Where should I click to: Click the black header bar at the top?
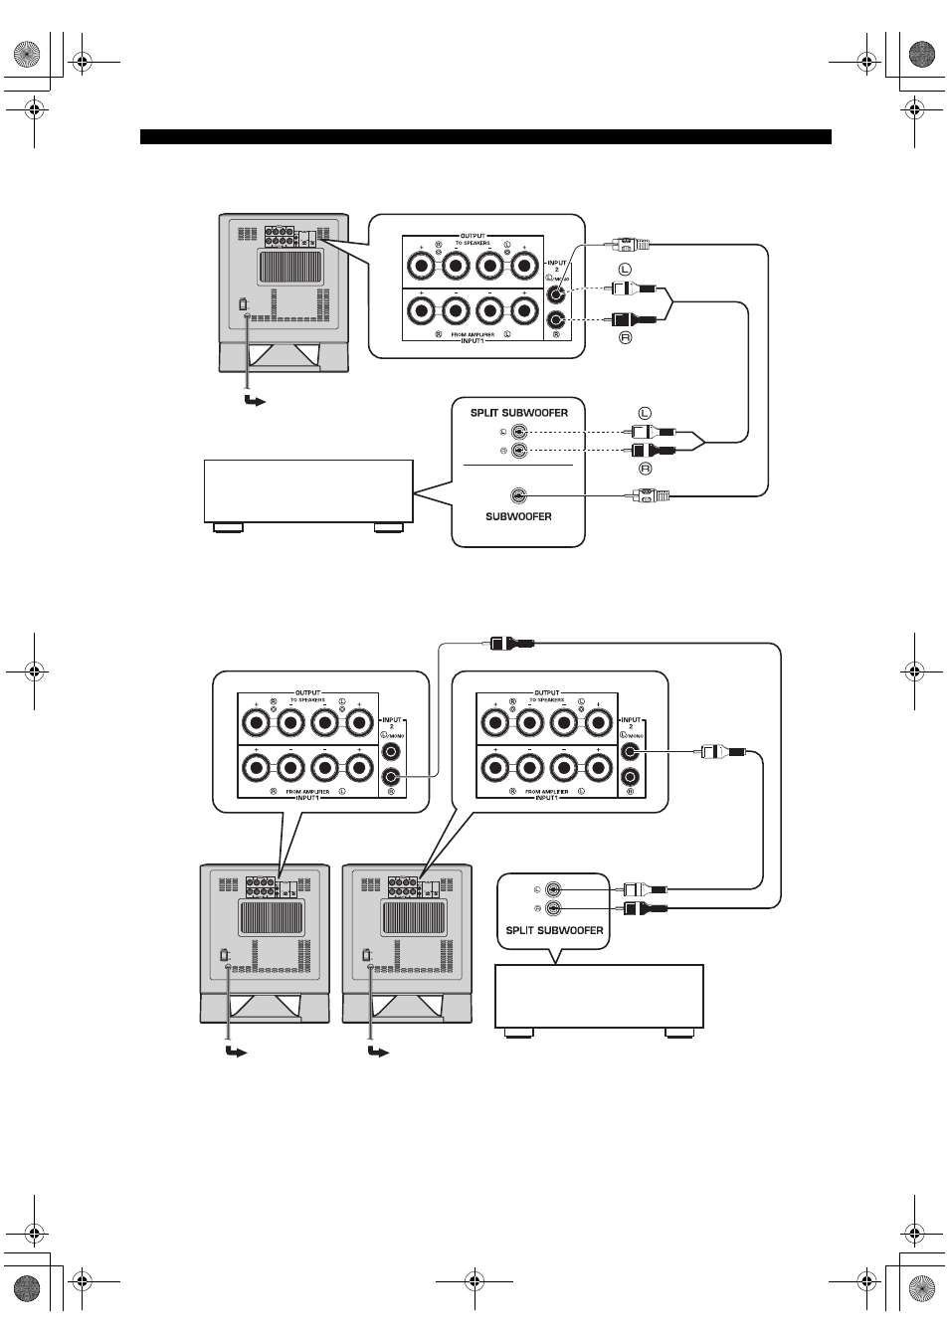pos(485,137)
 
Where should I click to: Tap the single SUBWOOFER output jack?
pos(517,494)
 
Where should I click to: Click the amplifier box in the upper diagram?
pos(308,489)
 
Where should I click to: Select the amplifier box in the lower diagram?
pos(599,995)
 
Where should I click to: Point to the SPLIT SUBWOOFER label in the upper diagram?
pos(518,412)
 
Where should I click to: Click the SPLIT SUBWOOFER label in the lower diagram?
pos(554,930)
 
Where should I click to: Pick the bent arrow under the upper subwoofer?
pos(255,401)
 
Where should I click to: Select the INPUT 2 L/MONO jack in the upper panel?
pos(557,292)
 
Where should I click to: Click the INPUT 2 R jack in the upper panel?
pos(557,319)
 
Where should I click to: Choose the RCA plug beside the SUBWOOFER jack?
pos(653,494)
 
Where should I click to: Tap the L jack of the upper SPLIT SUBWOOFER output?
pos(518,432)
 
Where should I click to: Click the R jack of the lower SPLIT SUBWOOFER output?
pos(553,908)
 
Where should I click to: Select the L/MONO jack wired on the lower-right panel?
pos(630,752)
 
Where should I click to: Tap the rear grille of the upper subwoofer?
pos(290,268)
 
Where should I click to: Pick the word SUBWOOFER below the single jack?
pos(518,516)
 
